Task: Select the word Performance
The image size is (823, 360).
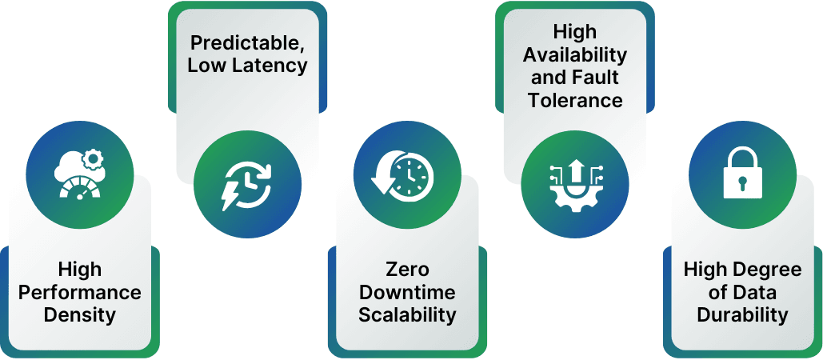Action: click(79, 292)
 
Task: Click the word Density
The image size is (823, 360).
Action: click(79, 314)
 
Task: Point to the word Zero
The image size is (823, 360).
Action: click(407, 269)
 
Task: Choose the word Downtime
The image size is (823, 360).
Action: click(407, 292)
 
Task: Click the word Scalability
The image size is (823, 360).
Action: click(407, 314)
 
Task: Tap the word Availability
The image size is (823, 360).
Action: click(574, 54)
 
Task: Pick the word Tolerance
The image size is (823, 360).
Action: click(574, 100)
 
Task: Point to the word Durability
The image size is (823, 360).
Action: click(742, 314)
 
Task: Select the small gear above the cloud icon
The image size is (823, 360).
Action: click(94, 159)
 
